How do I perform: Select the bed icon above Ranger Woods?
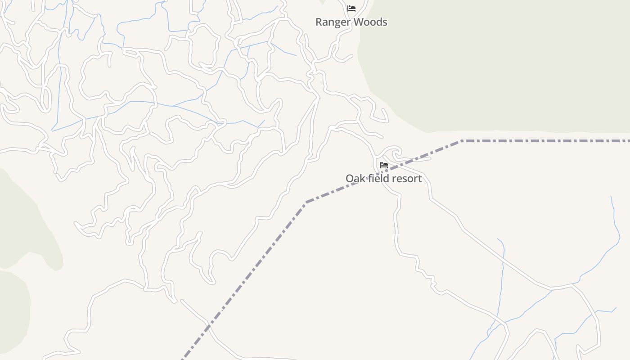point(351,9)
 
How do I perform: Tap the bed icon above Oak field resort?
point(384,165)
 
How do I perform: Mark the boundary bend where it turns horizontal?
point(462,141)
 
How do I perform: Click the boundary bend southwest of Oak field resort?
point(306,202)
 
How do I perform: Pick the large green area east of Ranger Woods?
point(495,63)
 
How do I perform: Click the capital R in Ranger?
point(319,22)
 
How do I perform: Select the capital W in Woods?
point(355,22)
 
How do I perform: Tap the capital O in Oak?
point(350,179)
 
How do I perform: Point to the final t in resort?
point(420,179)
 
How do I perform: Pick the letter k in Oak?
point(362,179)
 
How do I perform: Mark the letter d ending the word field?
point(384,179)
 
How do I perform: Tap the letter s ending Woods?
point(385,22)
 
